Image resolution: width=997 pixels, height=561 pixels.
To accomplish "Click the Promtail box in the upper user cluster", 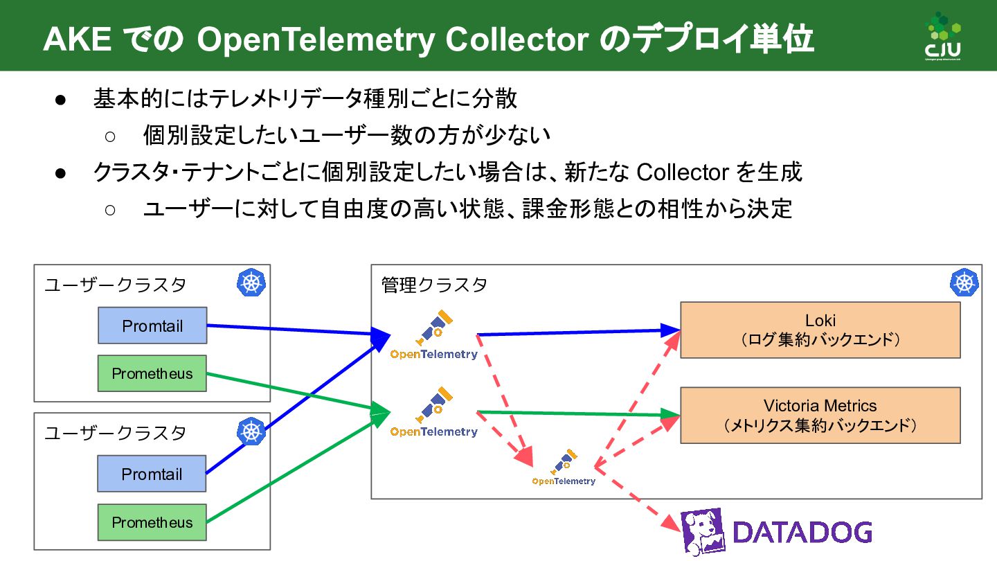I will click(x=152, y=326).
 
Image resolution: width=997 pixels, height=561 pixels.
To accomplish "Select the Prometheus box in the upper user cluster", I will click(x=152, y=373).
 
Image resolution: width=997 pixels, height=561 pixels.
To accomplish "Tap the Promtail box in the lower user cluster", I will click(x=152, y=474).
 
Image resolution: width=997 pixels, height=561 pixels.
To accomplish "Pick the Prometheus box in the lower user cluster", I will click(x=152, y=522).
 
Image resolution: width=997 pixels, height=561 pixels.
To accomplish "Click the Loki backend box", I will click(x=820, y=330).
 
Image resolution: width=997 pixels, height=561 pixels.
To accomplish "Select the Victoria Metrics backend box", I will click(x=820, y=415).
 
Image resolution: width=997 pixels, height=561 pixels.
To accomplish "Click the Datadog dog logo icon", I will click(x=703, y=533).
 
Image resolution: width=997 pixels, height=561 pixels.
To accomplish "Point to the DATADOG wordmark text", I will click(x=802, y=533).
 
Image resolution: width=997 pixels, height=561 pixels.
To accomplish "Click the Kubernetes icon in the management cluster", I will click(x=964, y=283).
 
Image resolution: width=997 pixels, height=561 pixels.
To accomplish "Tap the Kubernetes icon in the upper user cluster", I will click(x=251, y=283).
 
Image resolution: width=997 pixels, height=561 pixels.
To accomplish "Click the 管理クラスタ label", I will click(x=434, y=285).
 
